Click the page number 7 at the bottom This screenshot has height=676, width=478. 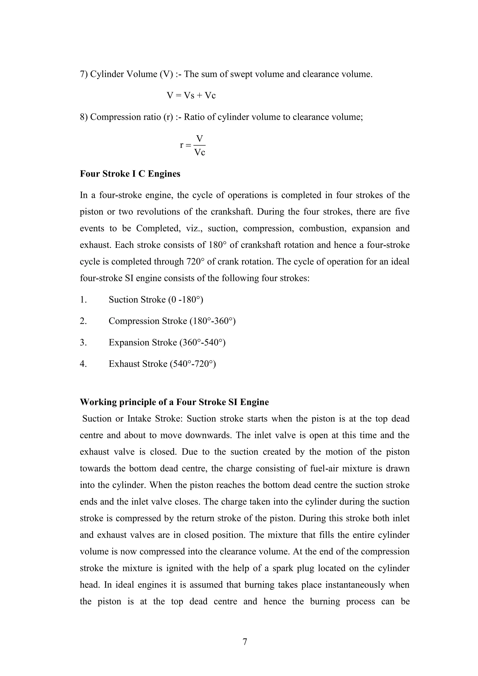click(x=244, y=641)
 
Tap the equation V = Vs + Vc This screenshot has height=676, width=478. click(x=191, y=95)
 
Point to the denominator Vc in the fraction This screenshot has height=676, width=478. click(x=200, y=153)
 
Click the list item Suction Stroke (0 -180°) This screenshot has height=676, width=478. click(x=156, y=299)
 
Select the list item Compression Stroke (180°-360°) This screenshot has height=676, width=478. click(x=172, y=321)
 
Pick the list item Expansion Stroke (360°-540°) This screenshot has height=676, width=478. click(x=167, y=342)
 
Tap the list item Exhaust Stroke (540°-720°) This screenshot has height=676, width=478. click(x=162, y=364)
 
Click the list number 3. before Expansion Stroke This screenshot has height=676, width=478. click(x=83, y=342)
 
